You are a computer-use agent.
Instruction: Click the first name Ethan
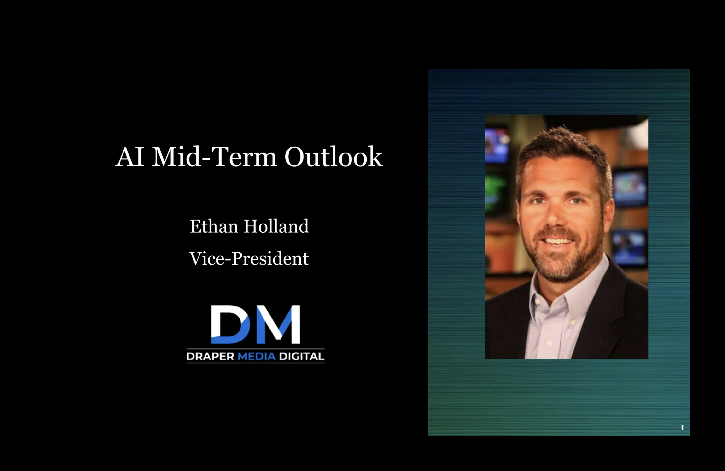(x=214, y=226)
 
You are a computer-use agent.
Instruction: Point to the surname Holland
(x=276, y=226)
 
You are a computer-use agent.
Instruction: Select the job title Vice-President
(x=249, y=259)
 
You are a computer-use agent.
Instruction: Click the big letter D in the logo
(x=230, y=324)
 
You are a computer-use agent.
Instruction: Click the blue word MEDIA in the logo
(x=257, y=356)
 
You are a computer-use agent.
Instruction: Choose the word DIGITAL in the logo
(x=301, y=356)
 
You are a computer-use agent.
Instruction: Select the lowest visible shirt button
(x=549, y=343)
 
